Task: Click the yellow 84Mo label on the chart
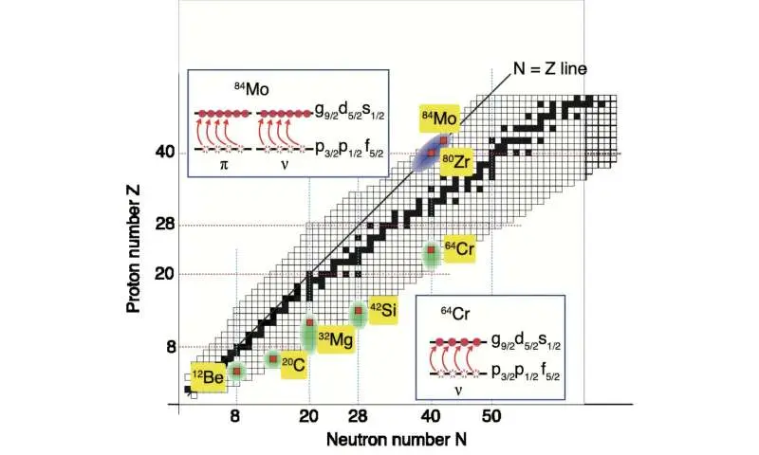tap(439, 118)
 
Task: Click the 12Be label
tap(209, 376)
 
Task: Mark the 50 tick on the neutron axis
tap(492, 414)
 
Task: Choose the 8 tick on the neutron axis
tap(235, 414)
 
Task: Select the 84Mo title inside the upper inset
tap(250, 88)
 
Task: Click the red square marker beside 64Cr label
tap(431, 251)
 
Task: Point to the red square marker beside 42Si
tap(359, 311)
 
